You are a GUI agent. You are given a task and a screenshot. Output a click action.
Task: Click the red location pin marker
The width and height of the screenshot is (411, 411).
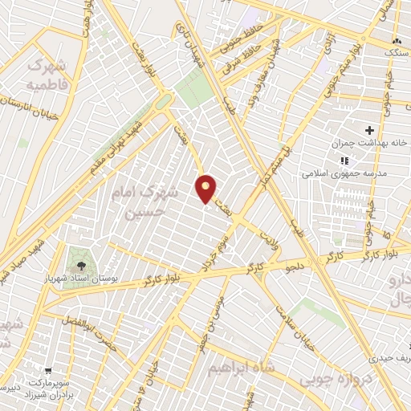coord(206,189)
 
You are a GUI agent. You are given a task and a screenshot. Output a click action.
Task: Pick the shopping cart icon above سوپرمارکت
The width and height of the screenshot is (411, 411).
coord(48,372)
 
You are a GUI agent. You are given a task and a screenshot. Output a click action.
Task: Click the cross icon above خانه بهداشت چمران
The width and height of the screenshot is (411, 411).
coord(369,130)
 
